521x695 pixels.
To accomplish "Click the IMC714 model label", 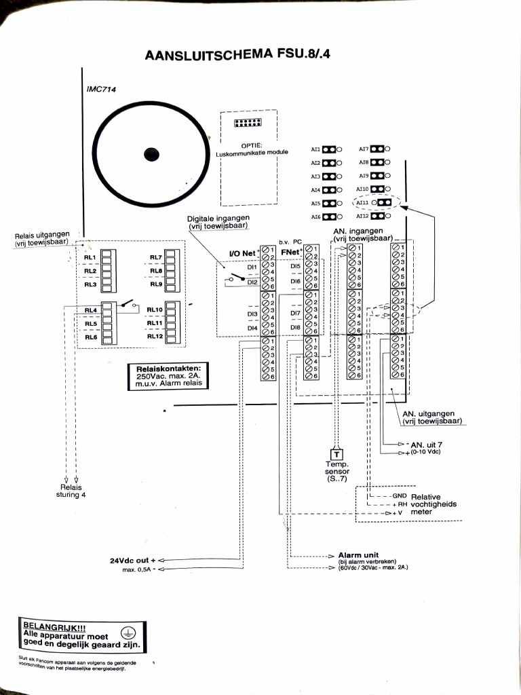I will pyautogui.click(x=102, y=89).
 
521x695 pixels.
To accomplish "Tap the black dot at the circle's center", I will pyautogui.click(x=151, y=155).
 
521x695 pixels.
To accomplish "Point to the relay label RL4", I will pyautogui.click(x=91, y=310).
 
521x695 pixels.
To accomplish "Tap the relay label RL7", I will pyautogui.click(x=155, y=257).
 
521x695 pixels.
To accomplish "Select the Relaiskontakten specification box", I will pyautogui.click(x=168, y=376).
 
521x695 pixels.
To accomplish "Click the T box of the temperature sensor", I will pyautogui.click(x=336, y=455).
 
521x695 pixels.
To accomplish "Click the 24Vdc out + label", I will pyautogui.click(x=133, y=561).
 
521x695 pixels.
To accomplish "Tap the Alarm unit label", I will pyautogui.click(x=358, y=555).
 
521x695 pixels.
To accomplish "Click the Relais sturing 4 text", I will pyautogui.click(x=69, y=491).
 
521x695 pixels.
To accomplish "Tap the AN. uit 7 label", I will pyautogui.click(x=426, y=445).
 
